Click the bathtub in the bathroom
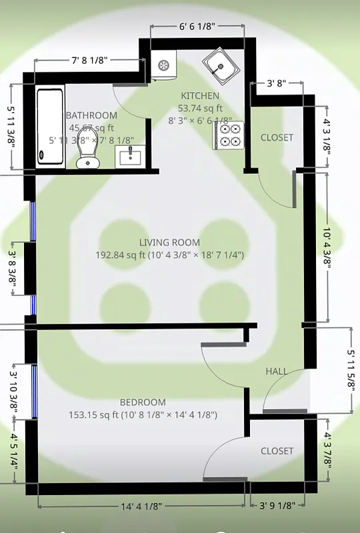coord(51,126)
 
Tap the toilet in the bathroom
coord(87,155)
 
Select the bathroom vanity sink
coord(131,157)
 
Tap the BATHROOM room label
coord(91,115)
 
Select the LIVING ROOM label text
coord(169,243)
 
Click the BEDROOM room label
coord(143,402)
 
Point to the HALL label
coord(277,371)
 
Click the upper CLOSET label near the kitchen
coord(277,137)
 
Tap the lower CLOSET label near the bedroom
coord(277,451)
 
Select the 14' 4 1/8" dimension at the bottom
coord(141,506)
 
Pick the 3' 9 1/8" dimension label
coord(277,506)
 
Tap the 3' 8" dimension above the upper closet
coord(276,84)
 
